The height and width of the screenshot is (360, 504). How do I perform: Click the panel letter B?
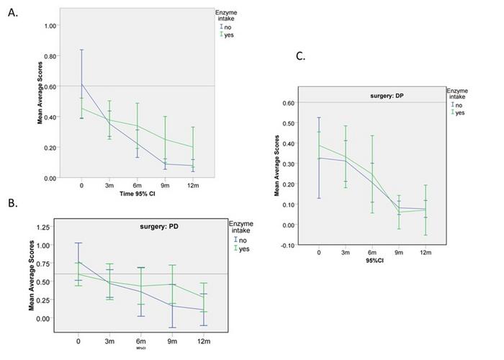(x=14, y=204)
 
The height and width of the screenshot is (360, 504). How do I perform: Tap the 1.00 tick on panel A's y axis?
(x=48, y=25)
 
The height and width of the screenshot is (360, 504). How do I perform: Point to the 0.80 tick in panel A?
(x=48, y=56)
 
